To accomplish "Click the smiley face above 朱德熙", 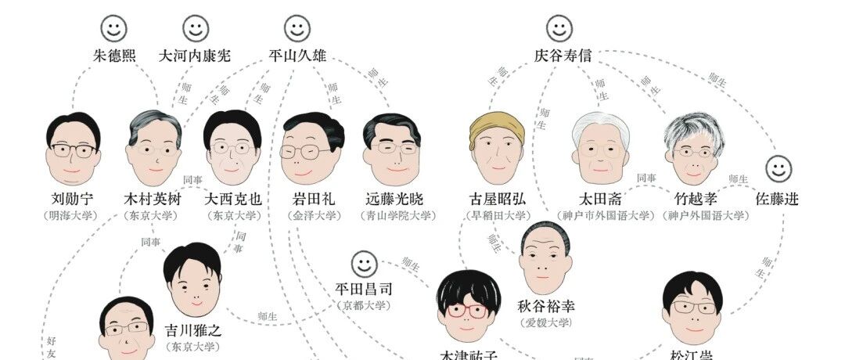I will coord(114,29).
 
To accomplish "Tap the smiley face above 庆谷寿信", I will coord(559,29).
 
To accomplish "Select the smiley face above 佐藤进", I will coord(778,168).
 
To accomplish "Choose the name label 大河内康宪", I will coord(195,56).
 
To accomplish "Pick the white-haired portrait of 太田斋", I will coord(600,149).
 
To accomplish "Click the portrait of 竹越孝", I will coord(693,149).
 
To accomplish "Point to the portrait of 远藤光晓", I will coord(392,149).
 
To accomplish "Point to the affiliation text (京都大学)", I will coord(364,304).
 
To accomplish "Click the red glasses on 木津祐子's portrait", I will coord(468,311).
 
